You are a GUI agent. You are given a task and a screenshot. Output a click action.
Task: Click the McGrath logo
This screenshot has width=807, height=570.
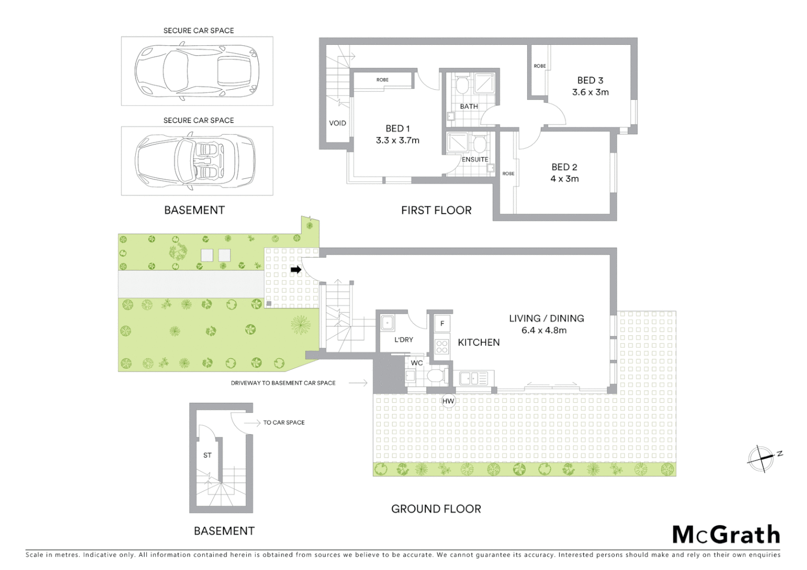[x=726, y=534]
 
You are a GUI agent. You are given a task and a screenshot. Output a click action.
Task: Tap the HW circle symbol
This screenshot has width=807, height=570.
[x=448, y=402]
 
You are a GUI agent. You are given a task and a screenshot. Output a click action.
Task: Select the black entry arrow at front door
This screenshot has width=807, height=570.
[x=296, y=270]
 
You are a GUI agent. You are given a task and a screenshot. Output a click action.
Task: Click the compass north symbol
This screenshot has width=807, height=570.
[x=762, y=458]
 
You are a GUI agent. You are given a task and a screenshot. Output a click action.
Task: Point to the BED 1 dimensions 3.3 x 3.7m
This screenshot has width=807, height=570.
[x=398, y=140]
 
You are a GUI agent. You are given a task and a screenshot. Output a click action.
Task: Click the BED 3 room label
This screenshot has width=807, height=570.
[x=590, y=80]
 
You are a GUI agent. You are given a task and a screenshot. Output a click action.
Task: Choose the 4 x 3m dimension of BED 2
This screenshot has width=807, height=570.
[x=565, y=178]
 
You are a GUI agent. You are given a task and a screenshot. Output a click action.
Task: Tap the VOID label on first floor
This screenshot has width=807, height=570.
[x=337, y=123]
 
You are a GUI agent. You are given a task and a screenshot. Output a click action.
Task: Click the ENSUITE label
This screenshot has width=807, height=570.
[x=475, y=159]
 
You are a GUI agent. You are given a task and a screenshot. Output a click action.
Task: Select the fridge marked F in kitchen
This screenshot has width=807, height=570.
[x=442, y=324]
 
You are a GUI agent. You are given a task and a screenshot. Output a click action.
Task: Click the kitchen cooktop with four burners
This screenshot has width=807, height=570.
[x=442, y=347]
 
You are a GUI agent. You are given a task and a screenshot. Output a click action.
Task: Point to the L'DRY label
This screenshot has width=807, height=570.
[x=403, y=339]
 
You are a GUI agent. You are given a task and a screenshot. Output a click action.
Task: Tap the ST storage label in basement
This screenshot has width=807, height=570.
[x=208, y=455]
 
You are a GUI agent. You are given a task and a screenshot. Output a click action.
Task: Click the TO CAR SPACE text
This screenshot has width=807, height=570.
[x=284, y=422]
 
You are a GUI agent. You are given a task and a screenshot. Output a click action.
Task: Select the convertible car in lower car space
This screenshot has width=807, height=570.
[x=196, y=161]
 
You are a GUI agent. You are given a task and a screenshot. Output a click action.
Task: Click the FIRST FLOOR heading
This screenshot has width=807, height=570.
[x=436, y=210]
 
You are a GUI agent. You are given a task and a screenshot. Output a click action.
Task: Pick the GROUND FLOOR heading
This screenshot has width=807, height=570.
[x=436, y=509]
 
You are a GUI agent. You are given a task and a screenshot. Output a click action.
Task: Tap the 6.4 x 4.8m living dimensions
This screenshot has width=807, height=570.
[x=544, y=330]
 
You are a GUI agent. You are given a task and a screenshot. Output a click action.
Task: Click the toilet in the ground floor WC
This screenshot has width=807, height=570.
[x=436, y=377]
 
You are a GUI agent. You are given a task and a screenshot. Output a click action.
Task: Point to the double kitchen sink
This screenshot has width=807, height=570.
[x=473, y=378]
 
